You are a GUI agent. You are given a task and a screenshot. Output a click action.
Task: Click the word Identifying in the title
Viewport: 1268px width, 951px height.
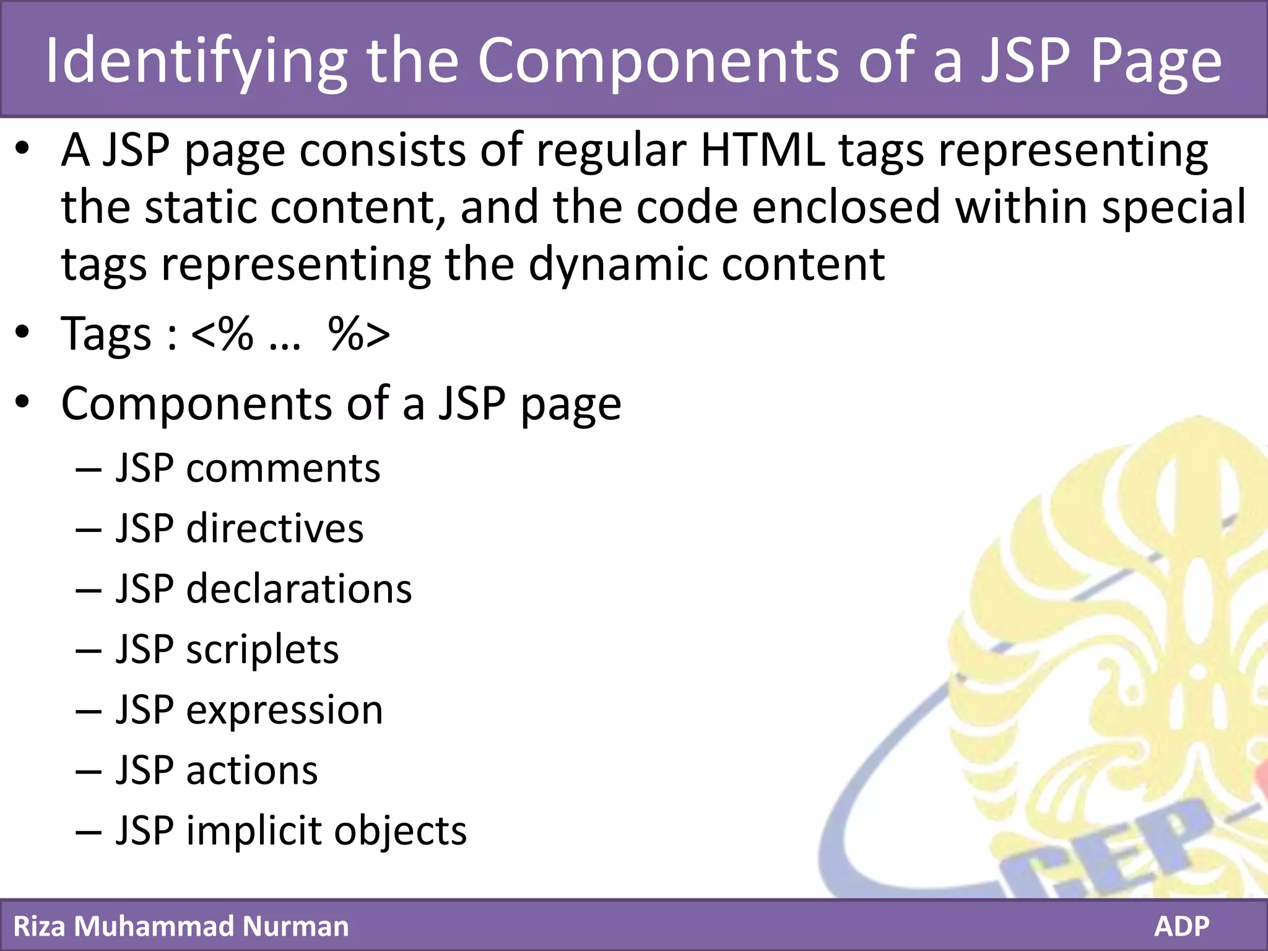click(x=196, y=61)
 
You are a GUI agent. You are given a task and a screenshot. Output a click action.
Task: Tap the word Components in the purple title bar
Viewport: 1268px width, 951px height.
click(x=658, y=61)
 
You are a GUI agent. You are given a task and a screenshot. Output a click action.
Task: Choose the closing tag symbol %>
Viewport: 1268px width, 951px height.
click(x=359, y=334)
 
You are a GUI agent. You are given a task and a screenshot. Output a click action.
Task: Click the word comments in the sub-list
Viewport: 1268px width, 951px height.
click(x=283, y=469)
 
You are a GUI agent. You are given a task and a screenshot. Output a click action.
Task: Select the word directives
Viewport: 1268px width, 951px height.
click(x=275, y=529)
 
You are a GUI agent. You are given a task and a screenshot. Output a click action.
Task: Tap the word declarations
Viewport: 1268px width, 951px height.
click(x=299, y=589)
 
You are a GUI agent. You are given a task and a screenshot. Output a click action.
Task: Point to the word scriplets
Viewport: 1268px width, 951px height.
click(x=263, y=650)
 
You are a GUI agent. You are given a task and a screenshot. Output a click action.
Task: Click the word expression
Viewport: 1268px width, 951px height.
click(x=284, y=711)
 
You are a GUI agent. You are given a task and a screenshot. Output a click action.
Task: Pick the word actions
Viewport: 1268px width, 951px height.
click(x=252, y=771)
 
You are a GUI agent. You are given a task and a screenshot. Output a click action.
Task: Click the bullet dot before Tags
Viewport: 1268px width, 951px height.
click(x=23, y=333)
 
